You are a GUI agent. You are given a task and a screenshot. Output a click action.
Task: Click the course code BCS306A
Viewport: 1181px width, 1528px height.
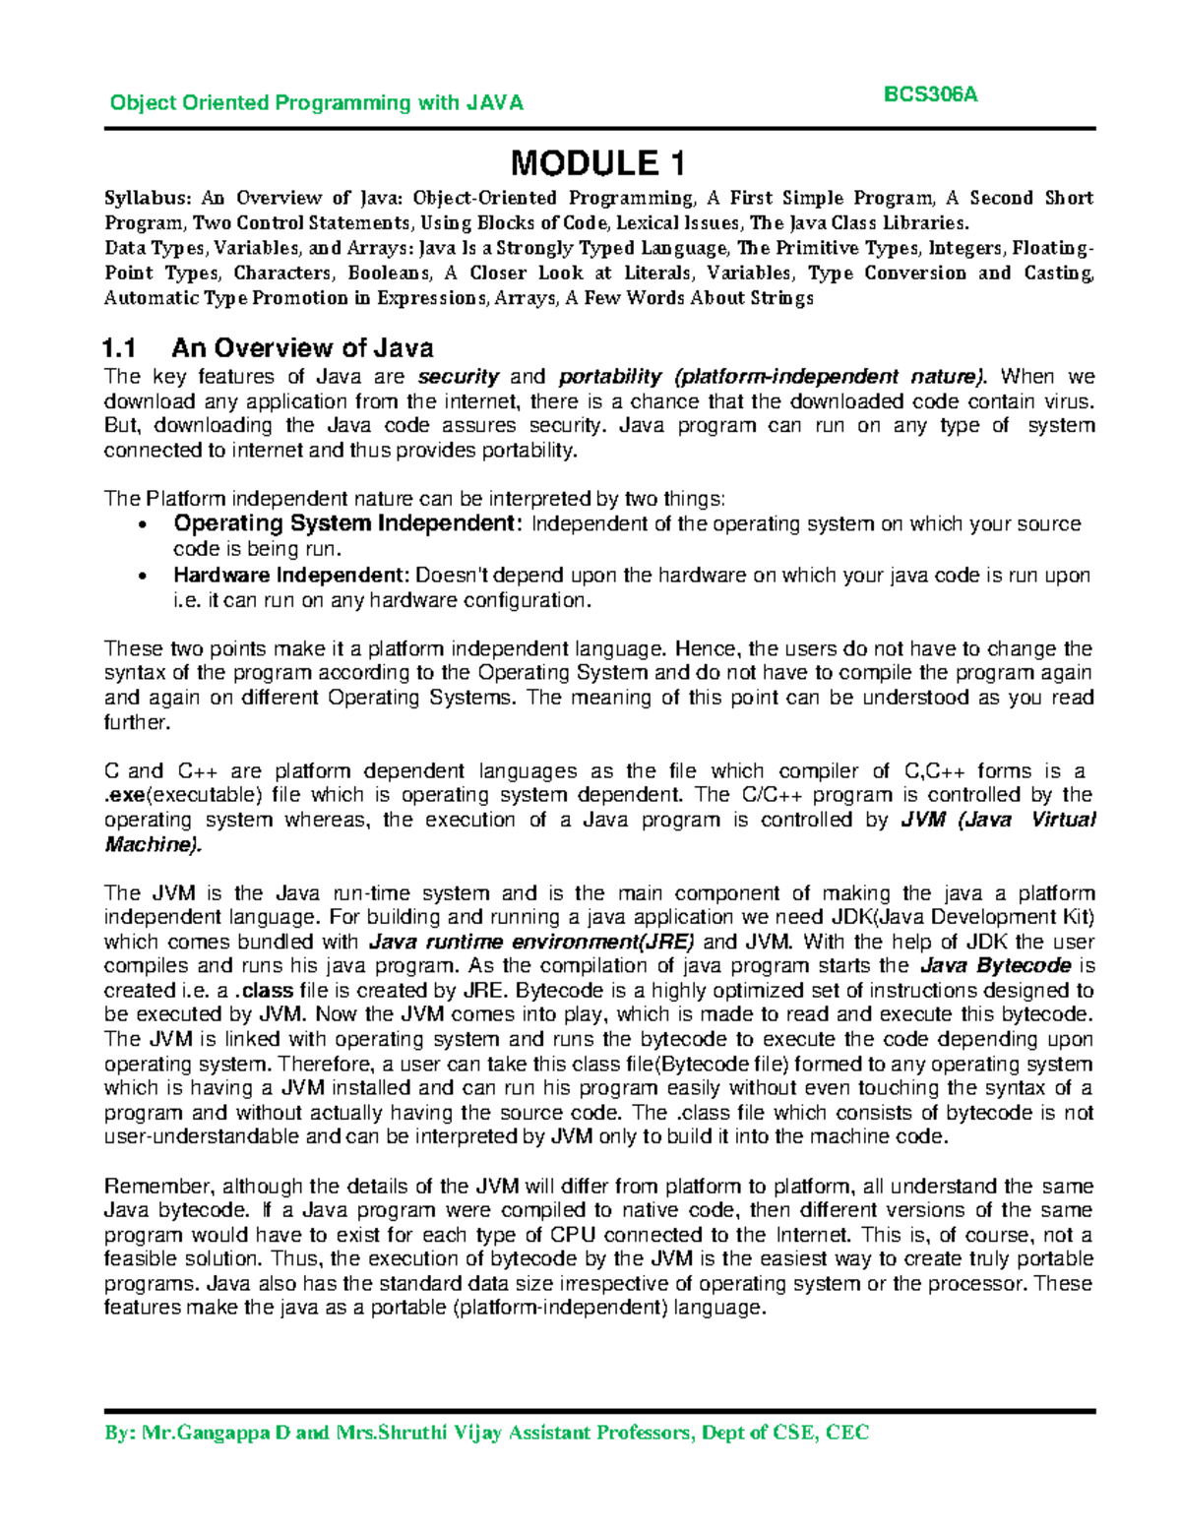930,94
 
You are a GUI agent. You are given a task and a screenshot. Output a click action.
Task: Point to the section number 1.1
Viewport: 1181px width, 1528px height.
119,348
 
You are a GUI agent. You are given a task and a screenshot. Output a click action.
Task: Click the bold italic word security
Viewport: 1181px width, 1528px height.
459,377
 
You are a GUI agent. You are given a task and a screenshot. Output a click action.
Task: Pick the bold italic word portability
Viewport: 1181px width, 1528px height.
609,377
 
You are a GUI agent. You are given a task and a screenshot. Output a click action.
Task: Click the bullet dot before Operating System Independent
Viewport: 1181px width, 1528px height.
145,524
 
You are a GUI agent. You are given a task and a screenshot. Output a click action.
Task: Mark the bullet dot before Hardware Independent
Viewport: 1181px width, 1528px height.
145,577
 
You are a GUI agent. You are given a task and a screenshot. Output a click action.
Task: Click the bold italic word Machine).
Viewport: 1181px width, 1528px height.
153,844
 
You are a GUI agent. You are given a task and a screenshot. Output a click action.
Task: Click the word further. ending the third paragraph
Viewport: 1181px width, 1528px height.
137,722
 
